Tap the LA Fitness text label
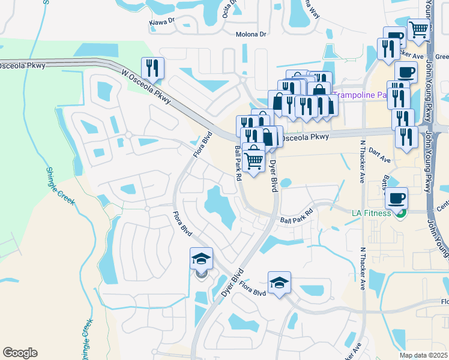point(371,213)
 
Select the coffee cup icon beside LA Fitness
point(396,197)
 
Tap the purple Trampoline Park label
point(361,95)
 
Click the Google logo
point(20,353)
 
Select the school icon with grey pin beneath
point(201,259)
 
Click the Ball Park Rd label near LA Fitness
point(297,217)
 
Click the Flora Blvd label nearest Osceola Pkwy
point(202,146)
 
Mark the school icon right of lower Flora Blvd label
point(279,282)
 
